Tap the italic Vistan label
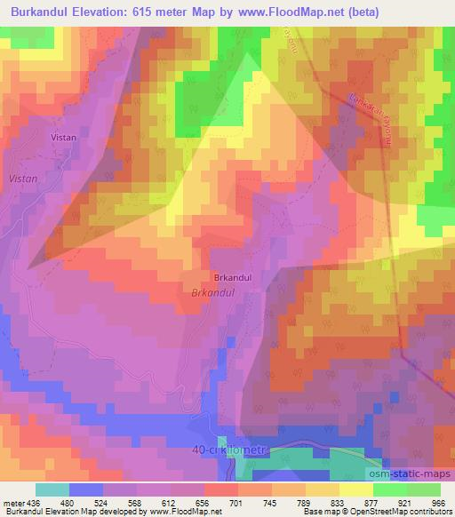(x=22, y=179)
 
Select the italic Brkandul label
(x=212, y=292)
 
